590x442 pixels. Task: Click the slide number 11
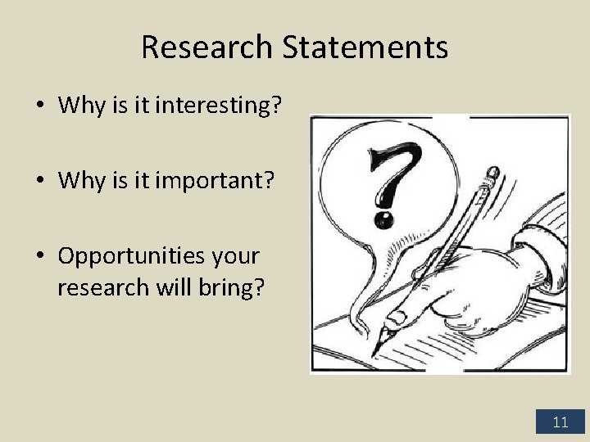tap(560, 422)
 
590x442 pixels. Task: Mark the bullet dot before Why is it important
tap(39, 181)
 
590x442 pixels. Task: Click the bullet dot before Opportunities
tap(39, 256)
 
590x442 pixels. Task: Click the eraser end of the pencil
tap(492, 174)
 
